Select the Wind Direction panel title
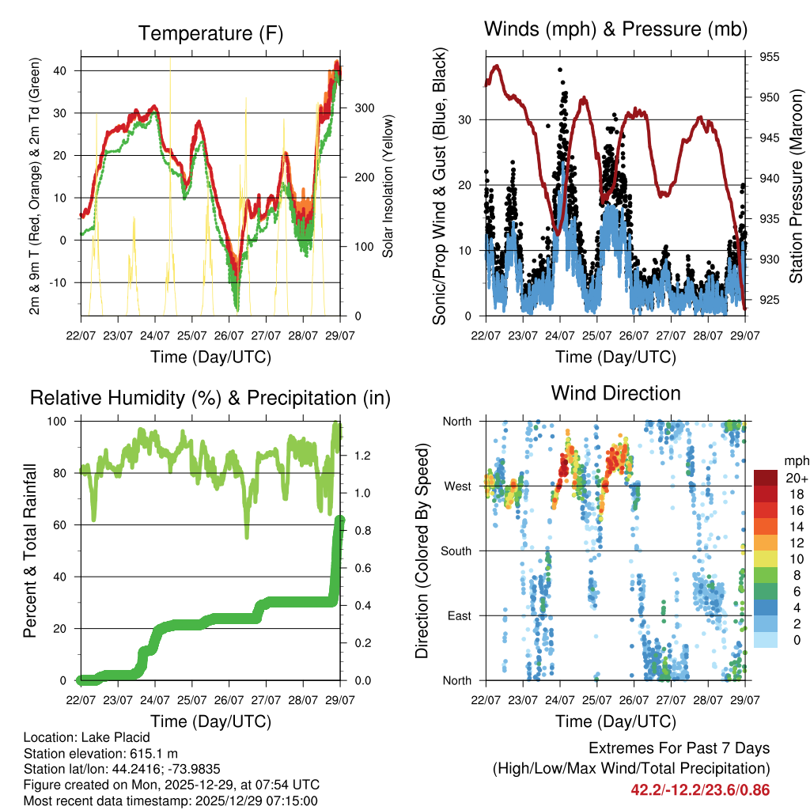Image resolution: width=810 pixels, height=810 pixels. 615,393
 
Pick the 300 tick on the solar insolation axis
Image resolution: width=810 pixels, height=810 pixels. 363,108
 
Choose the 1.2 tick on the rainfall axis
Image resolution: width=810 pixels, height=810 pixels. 363,456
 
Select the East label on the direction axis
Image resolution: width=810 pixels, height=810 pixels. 458,615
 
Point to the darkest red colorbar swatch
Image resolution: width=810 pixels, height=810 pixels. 765,478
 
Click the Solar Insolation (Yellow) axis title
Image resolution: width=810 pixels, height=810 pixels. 388,187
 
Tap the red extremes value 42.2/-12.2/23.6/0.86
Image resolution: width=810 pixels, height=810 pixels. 700,789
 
